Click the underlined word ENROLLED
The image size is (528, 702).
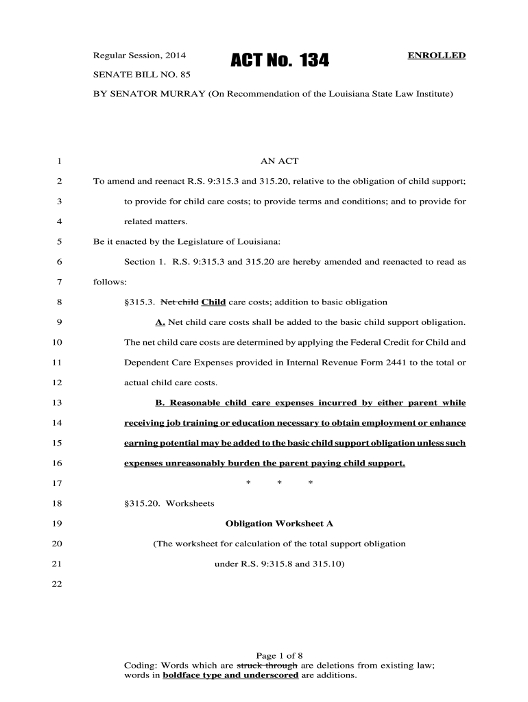coord(437,55)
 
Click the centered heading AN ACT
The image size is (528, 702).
coord(279,162)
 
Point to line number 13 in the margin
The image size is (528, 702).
coord(57,402)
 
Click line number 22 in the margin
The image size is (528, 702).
coord(57,584)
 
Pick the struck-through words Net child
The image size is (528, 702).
coord(179,302)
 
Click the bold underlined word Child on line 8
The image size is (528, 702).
coord(214,302)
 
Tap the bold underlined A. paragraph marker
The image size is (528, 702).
coord(160,322)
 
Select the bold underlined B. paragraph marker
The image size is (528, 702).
coord(160,402)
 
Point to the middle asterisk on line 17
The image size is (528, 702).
coord(280,484)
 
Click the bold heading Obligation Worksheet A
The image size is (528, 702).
coord(279,524)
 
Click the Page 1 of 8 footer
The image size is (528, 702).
coord(279,655)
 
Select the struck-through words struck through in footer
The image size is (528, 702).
coord(267,665)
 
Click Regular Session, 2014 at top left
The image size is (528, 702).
coord(140,55)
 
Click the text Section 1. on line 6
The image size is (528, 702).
coord(145,262)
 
